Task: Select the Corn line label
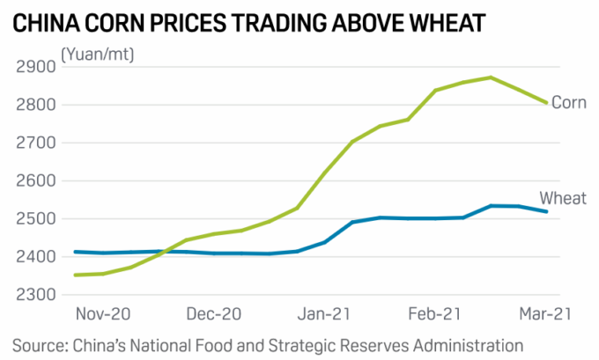click(568, 103)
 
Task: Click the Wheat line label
click(562, 198)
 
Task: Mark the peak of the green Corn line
click(491, 77)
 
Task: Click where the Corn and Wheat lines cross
click(165, 252)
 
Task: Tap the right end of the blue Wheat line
click(547, 211)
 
